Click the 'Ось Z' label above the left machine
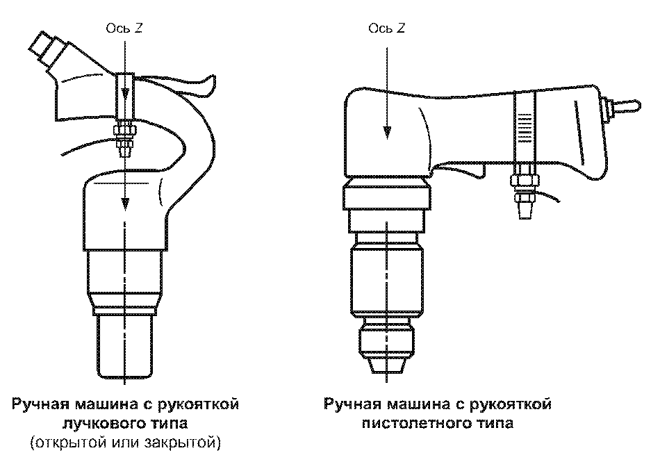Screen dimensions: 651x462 (124, 28)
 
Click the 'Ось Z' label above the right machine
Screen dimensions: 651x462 (386, 28)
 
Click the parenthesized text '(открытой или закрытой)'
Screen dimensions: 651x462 (125, 443)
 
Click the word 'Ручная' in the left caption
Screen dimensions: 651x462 (41, 404)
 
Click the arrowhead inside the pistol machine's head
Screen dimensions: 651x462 (387, 133)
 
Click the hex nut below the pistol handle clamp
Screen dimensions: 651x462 (525, 181)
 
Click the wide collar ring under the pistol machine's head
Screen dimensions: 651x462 (386, 197)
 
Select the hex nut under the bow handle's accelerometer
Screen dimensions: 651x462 (124, 131)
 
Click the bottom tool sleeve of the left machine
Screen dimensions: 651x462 (124, 347)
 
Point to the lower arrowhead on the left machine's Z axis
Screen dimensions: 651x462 (124, 204)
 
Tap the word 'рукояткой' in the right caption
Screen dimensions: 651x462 (510, 404)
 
